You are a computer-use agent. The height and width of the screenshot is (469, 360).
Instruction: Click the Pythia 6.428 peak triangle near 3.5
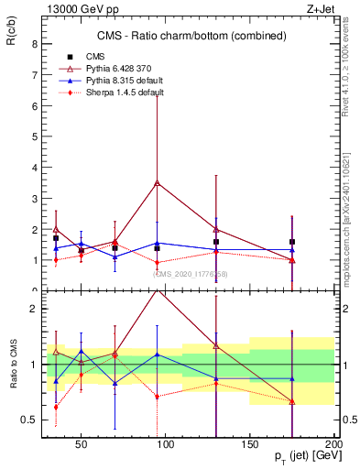click(158, 183)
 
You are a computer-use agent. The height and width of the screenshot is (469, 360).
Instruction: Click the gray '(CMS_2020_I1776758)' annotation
click(191, 273)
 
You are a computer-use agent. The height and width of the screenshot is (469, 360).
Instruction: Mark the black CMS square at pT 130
click(216, 242)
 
